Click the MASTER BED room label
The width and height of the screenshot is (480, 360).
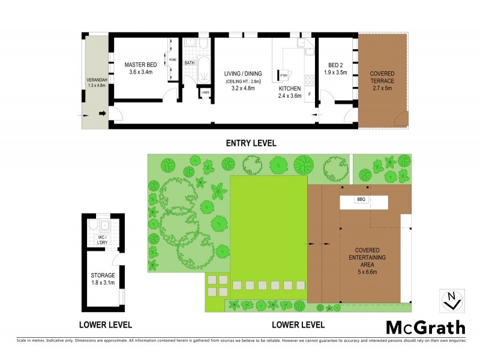pos(141,64)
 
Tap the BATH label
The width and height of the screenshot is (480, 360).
pos(190,63)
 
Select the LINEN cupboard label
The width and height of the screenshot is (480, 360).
pos(205,92)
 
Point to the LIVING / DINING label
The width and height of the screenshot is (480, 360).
pos(244,74)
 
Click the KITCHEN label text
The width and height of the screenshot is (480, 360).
pos(289,88)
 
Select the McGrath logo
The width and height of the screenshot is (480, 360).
pos(425,327)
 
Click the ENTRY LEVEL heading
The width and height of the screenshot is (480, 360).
pos(251,143)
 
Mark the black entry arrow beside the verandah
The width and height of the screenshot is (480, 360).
pos(102,113)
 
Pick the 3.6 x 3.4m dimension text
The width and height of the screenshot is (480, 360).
pos(141,72)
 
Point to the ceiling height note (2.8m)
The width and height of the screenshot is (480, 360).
pos(244,82)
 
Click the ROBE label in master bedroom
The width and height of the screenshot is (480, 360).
pos(172,60)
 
